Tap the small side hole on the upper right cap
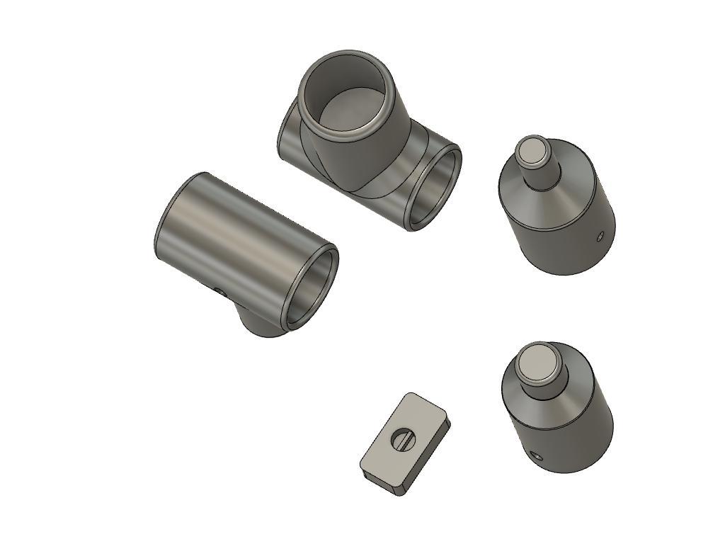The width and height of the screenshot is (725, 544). tap(600, 236)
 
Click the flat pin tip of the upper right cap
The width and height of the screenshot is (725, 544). tap(532, 151)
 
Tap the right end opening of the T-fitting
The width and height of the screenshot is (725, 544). tap(435, 188)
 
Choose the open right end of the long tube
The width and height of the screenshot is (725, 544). tap(312, 287)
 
